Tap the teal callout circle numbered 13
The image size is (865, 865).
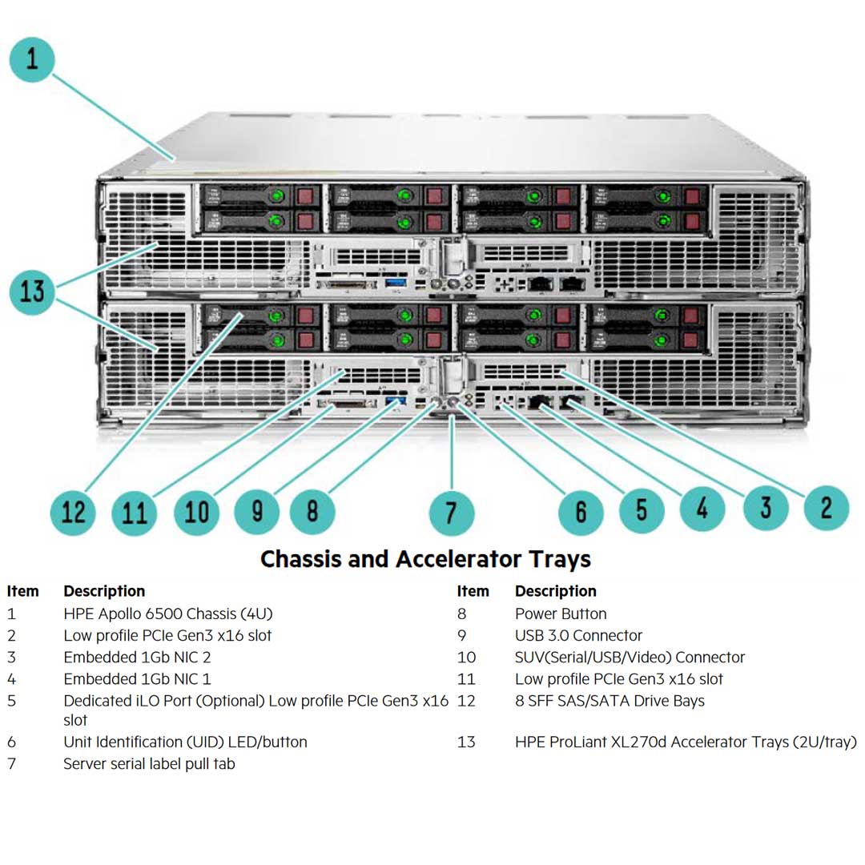click(x=32, y=292)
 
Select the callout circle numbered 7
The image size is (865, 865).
click(x=452, y=512)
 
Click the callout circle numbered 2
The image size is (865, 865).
click(x=826, y=507)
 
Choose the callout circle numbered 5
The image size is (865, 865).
click(x=642, y=510)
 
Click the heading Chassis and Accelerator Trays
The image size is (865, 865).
click(x=425, y=559)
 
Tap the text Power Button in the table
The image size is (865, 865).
click(x=561, y=614)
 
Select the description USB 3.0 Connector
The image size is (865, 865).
click(x=578, y=636)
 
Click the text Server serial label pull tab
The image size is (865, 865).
click(x=149, y=764)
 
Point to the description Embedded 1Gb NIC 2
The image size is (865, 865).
click(x=137, y=658)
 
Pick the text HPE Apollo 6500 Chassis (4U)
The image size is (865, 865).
click(x=168, y=614)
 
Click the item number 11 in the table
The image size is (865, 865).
click(x=466, y=679)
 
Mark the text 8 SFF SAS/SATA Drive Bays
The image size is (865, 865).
click(x=610, y=701)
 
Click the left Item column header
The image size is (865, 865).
click(x=22, y=592)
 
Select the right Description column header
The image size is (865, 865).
click(x=555, y=592)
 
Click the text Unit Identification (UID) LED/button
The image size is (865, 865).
click(x=185, y=742)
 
